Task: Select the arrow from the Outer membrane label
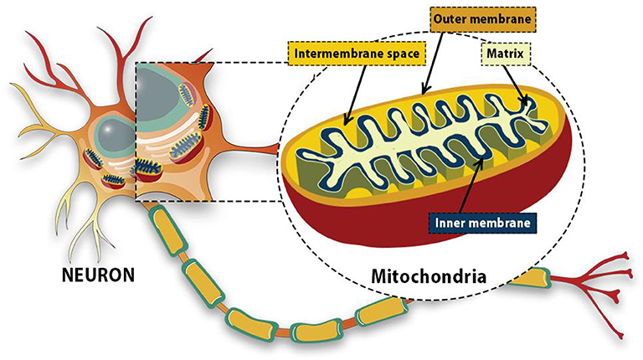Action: (435, 59)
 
